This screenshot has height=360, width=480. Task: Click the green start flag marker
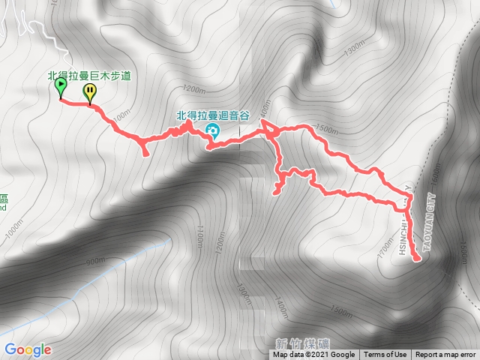pos(60,88)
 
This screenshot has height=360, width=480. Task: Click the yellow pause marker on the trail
pos(90,91)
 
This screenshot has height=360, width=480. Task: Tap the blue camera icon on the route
pos(212,132)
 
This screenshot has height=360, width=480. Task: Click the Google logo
pos(28,349)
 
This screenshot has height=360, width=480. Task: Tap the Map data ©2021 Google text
pos(314,355)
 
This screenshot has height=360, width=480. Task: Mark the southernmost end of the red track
pos(417,260)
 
